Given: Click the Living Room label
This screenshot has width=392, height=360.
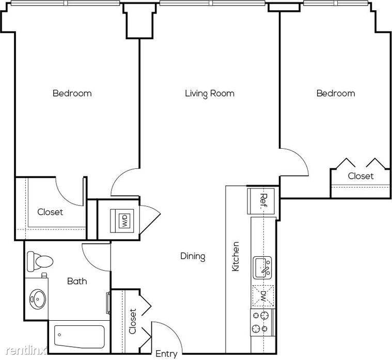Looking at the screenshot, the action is click(x=210, y=93).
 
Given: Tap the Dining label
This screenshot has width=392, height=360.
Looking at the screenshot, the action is click(x=193, y=256).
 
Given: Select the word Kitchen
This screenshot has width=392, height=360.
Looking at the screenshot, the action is click(x=236, y=256).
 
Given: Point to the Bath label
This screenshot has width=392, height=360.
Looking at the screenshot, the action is click(x=77, y=281).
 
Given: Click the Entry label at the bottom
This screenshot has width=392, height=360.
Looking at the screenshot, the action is click(x=166, y=354).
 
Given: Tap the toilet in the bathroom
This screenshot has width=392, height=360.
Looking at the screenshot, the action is click(x=40, y=261).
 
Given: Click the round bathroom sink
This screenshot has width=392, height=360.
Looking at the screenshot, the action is click(x=38, y=299).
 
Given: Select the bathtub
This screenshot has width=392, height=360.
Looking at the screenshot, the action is click(x=79, y=337).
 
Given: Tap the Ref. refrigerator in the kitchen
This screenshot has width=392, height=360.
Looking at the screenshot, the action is click(x=261, y=201).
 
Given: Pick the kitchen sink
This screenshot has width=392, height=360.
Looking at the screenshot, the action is click(x=262, y=268).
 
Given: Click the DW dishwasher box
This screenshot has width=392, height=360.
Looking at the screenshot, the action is click(x=263, y=296).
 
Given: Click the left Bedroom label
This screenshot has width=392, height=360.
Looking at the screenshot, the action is click(x=72, y=93).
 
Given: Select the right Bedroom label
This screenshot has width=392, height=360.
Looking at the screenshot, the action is click(x=336, y=93).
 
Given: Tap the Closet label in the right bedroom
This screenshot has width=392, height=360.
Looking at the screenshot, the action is click(x=360, y=176).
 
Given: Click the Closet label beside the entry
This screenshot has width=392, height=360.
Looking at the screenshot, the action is click(x=133, y=321).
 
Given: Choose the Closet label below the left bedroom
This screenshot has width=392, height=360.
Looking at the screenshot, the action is click(x=50, y=212).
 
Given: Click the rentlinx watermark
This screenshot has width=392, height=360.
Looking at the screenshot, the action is click(x=26, y=351).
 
